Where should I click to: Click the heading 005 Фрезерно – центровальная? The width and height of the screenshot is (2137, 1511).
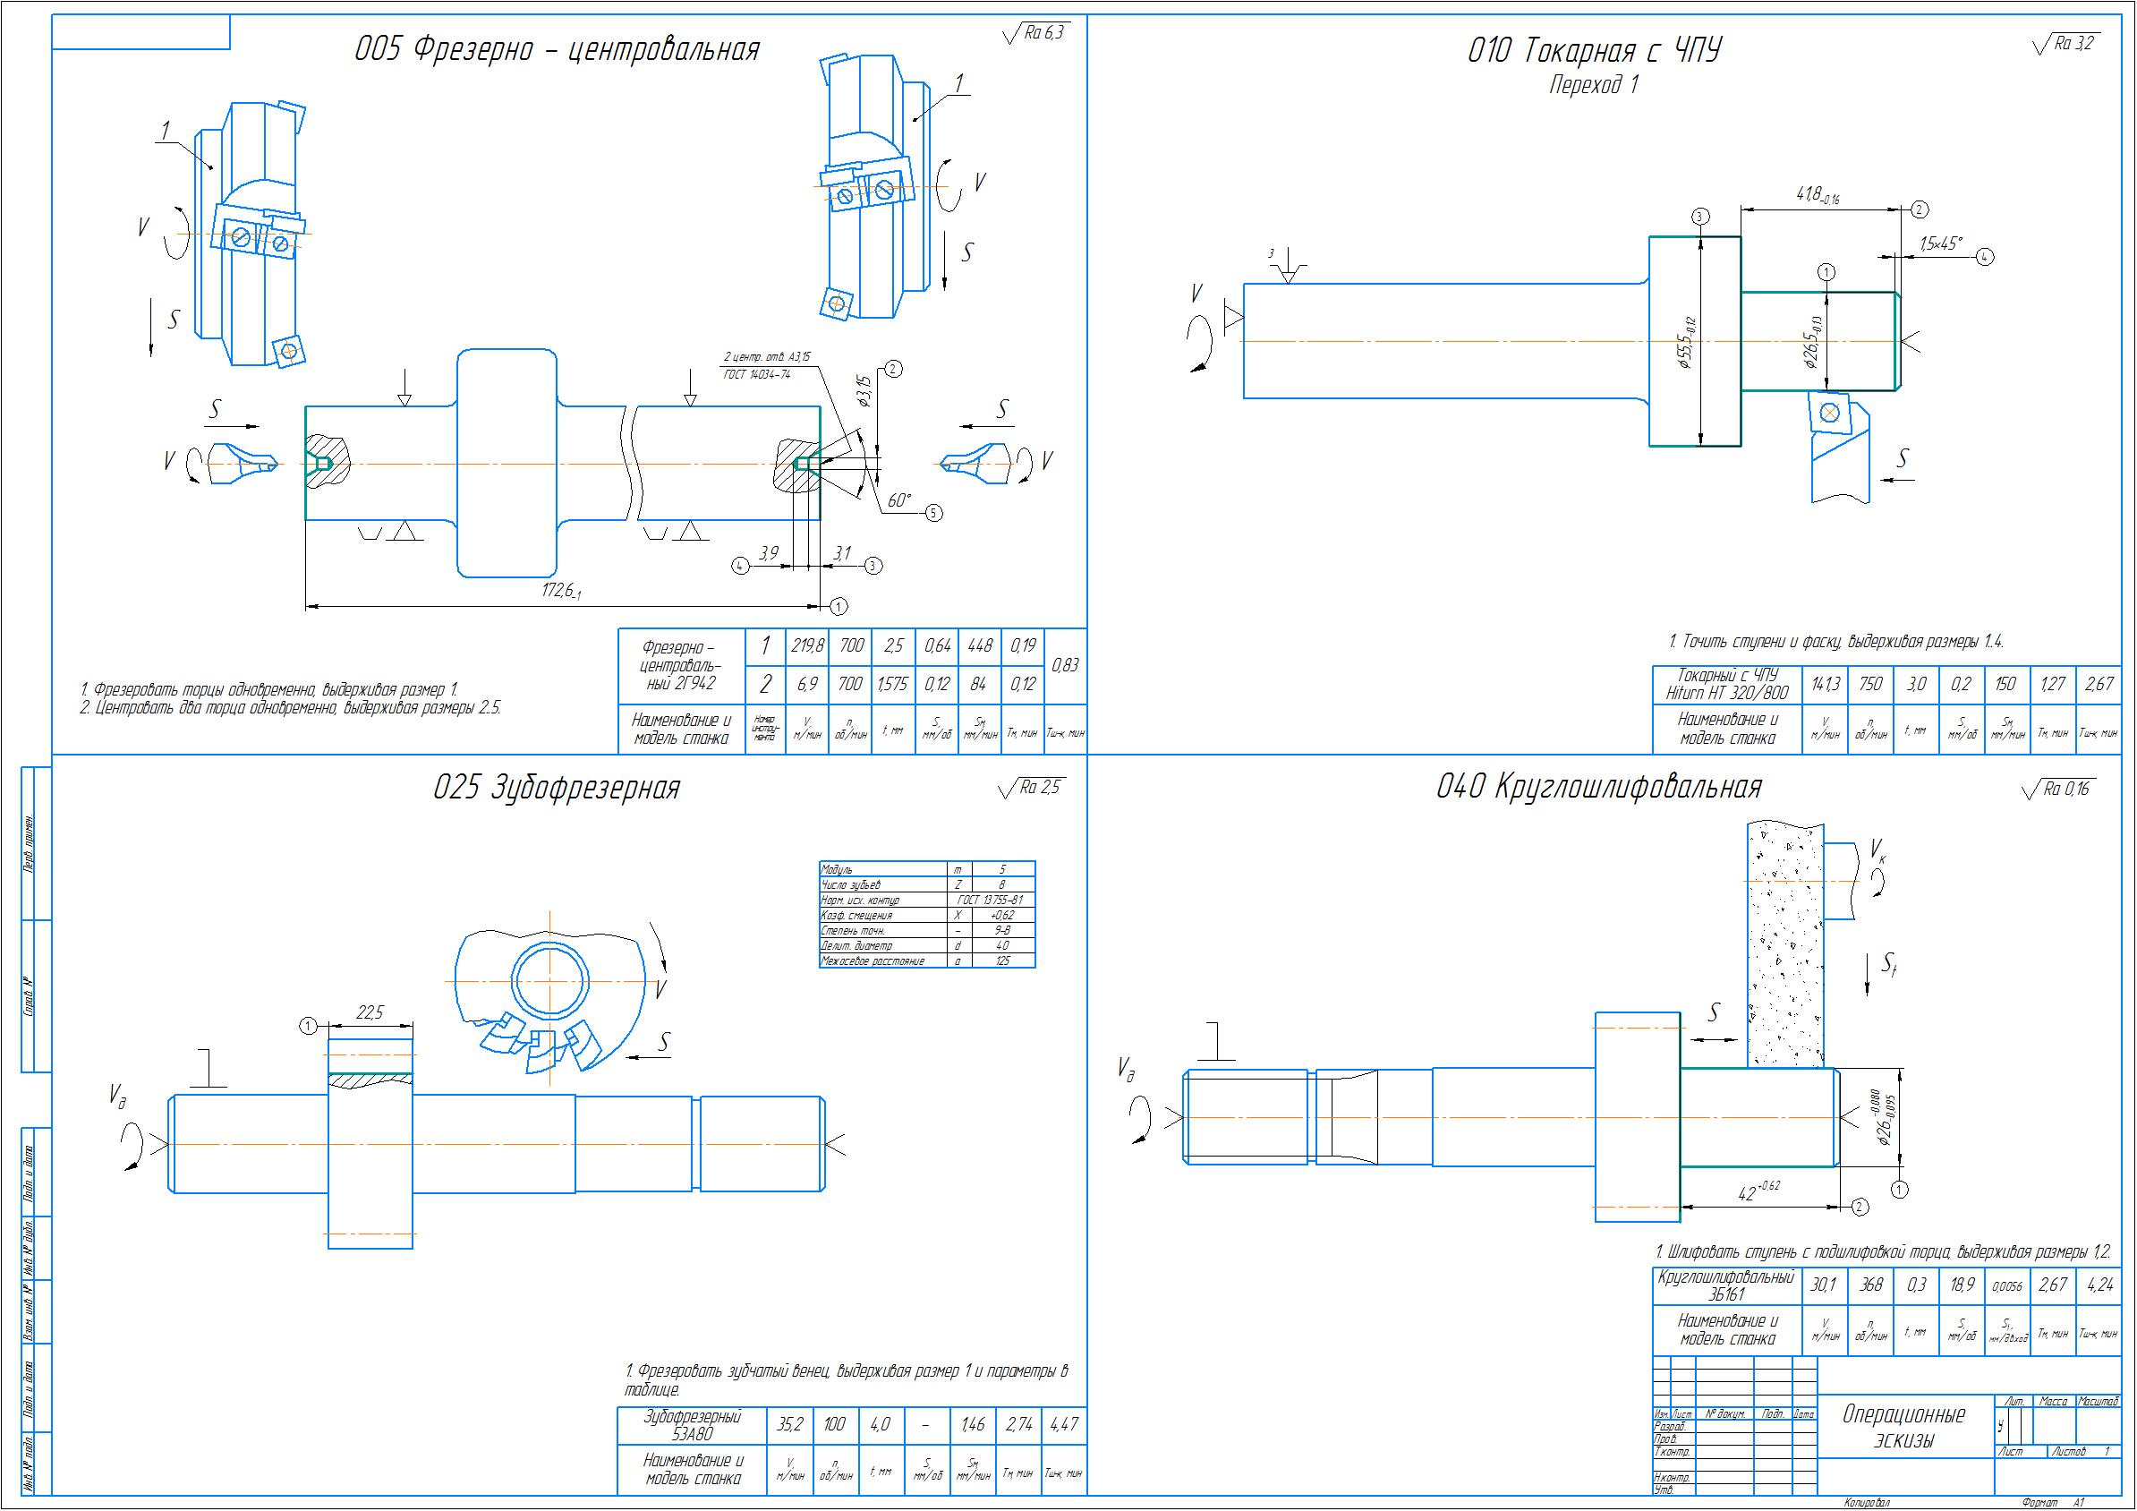557,49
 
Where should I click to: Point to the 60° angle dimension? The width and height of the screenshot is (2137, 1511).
899,500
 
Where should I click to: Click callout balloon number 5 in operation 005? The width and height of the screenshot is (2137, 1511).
933,513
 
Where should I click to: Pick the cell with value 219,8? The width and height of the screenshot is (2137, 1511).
807,646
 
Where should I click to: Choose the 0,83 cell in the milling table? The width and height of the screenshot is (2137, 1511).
1065,666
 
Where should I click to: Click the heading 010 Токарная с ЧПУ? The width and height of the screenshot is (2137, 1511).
1594,51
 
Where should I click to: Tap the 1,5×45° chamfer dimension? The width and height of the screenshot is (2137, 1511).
1940,243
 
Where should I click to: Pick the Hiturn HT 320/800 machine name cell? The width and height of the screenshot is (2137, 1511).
1726,685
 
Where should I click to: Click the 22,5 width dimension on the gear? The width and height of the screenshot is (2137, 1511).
370,1014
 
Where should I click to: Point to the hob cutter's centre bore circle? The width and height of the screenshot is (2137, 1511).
549,981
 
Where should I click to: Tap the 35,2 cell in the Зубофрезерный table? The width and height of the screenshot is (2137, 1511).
789,1424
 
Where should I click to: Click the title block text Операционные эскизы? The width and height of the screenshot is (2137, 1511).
1903,1427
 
